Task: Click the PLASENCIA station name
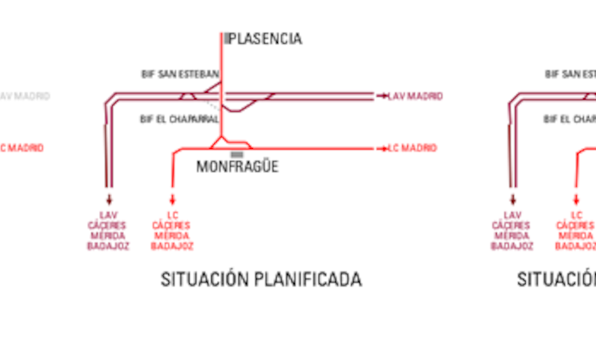[266, 38]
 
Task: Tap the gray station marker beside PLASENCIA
[226, 38]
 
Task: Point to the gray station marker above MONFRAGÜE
[237, 154]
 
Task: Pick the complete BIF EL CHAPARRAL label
[179, 118]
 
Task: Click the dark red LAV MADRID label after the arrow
[415, 96]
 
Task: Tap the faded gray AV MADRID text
[25, 96]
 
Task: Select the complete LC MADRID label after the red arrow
[412, 148]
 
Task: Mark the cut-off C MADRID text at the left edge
[22, 148]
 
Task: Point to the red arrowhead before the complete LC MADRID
[380, 148]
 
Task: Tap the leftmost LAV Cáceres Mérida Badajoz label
[108, 230]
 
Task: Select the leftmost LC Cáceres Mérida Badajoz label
[172, 230]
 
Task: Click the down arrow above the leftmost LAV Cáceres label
[108, 201]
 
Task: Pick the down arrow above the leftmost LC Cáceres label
[172, 201]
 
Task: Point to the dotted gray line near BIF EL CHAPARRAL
[210, 105]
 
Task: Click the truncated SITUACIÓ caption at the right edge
[557, 279]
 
